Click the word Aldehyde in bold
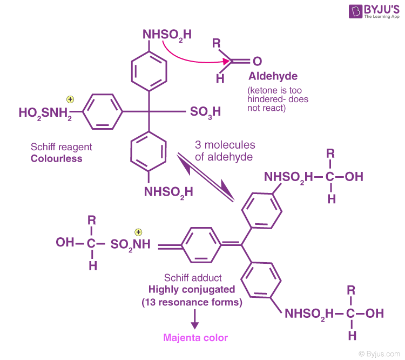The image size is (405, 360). coord(273,76)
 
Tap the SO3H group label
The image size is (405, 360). coord(206,112)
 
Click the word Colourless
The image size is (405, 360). coord(56,159)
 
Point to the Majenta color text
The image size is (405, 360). coord(196,338)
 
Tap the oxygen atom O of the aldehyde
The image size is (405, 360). coord(257,62)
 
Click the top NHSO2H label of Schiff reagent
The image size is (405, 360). coord(167,35)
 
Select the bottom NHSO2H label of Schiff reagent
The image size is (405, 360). coord(168,191)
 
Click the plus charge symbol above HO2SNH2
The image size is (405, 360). coord(70,99)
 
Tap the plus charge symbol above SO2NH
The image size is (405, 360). coord(138,232)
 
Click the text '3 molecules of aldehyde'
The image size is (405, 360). coord(225,151)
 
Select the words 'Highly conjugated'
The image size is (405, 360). coord(187,290)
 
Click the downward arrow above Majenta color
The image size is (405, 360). coord(195,321)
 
